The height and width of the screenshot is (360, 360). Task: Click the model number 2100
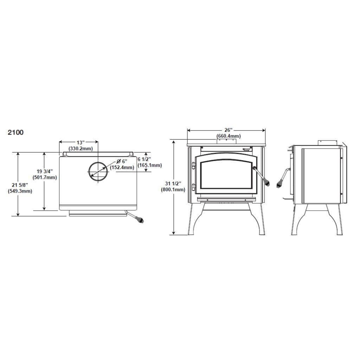(x=16, y=133)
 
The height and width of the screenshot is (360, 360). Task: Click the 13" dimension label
(x=81, y=142)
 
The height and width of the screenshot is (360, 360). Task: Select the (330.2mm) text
(x=81, y=149)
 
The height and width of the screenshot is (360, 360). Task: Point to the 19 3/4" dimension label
(x=44, y=171)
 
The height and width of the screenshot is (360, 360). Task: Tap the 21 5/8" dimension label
(x=19, y=185)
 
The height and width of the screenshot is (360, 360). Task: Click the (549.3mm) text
(x=20, y=191)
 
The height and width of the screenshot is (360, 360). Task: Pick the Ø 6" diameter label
(x=121, y=161)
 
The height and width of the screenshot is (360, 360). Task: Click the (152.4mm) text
(x=122, y=167)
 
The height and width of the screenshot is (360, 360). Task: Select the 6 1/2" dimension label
(x=144, y=159)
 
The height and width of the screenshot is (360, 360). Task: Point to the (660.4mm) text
(x=229, y=136)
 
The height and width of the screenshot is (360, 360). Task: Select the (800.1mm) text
(x=173, y=190)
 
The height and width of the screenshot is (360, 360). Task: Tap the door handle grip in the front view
(x=267, y=183)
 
